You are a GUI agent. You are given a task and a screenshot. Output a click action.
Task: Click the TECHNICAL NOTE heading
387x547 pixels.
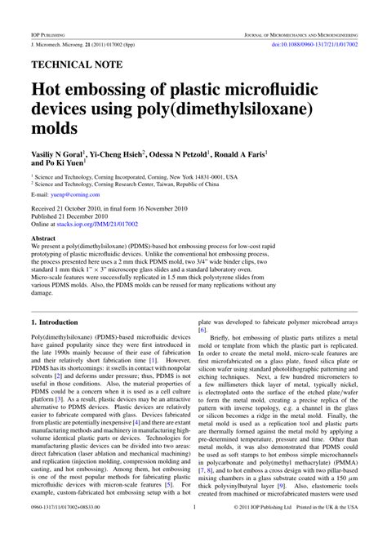pos(77,63)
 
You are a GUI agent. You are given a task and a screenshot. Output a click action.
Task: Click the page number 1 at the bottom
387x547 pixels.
pos(194,530)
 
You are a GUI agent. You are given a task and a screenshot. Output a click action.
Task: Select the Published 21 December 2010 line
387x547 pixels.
pos(73,216)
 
